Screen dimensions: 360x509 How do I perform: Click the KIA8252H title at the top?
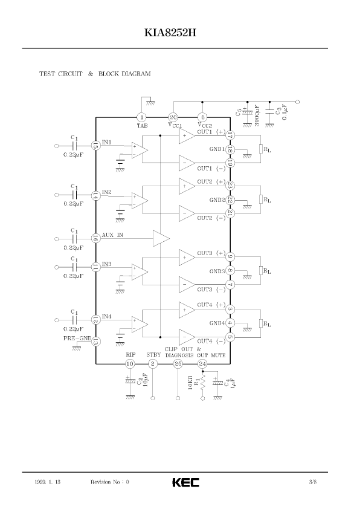pyautogui.click(x=170, y=33)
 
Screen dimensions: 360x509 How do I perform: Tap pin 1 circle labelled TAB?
pyautogui.click(x=141, y=117)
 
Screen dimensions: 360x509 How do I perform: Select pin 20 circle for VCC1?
pyautogui.click(x=173, y=117)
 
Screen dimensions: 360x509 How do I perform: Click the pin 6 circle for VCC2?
pyautogui.click(x=202, y=117)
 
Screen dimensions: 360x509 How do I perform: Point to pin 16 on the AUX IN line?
pyautogui.click(x=95, y=239)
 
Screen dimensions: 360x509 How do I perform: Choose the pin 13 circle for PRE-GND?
pyautogui.click(x=95, y=341)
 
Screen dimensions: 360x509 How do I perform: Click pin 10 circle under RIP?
pyautogui.click(x=130, y=364)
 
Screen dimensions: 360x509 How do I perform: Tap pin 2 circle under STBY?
pyautogui.click(x=153, y=364)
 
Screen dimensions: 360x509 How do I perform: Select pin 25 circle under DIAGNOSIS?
pyautogui.click(x=178, y=364)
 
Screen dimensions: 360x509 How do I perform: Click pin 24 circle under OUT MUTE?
pyautogui.click(x=203, y=364)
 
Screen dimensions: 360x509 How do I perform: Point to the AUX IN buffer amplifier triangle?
pyautogui.click(x=161, y=239)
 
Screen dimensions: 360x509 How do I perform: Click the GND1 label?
pyautogui.click(x=217, y=149)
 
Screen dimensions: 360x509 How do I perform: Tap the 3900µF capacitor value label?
pyautogui.click(x=257, y=115)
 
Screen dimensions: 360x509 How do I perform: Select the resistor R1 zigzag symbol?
pyautogui.click(x=203, y=383)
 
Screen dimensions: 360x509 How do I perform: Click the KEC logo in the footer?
pyautogui.click(x=186, y=482)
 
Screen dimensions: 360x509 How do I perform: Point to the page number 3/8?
pyautogui.click(x=313, y=482)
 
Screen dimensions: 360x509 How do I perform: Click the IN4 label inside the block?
pyautogui.click(x=107, y=317)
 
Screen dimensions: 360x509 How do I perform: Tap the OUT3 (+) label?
pyautogui.click(x=211, y=253)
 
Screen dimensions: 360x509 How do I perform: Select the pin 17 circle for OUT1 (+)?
pyautogui.click(x=230, y=135)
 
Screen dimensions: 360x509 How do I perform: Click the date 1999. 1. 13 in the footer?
pyautogui.click(x=47, y=482)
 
